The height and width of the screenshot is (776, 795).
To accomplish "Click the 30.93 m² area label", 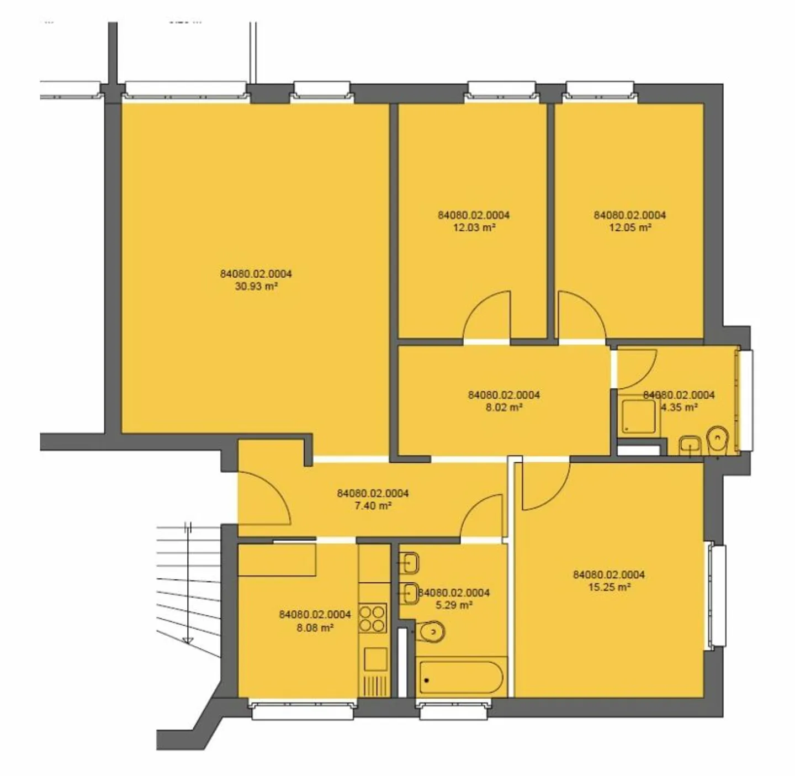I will pyautogui.click(x=256, y=286).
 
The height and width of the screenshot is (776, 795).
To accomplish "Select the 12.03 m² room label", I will pyautogui.click(x=474, y=228).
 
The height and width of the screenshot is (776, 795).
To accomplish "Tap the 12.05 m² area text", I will pyautogui.click(x=629, y=228).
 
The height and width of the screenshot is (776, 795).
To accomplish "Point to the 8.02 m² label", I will pyautogui.click(x=504, y=408).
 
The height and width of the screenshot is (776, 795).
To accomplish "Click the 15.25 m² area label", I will pyautogui.click(x=609, y=587).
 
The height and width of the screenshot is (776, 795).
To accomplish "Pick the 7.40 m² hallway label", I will pyautogui.click(x=373, y=505).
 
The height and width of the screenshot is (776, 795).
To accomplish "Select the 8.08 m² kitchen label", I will pyautogui.click(x=315, y=627).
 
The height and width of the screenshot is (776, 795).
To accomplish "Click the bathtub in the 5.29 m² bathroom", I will pyautogui.click(x=460, y=678).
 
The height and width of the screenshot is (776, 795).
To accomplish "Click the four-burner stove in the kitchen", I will pyautogui.click(x=372, y=619).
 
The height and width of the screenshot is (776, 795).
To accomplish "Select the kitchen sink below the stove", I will pyautogui.click(x=375, y=659).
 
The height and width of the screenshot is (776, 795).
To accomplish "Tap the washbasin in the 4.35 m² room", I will pyautogui.click(x=690, y=444).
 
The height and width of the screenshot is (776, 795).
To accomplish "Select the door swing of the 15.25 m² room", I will pyautogui.click(x=544, y=486).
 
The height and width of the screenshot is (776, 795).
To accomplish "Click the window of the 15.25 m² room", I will pyautogui.click(x=718, y=595).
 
